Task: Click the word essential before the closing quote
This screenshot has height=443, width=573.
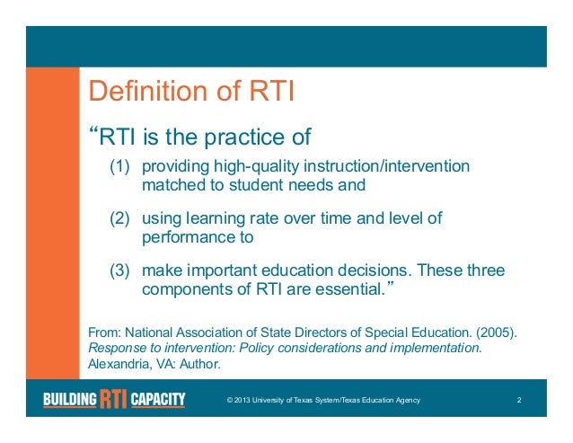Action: coord(351,289)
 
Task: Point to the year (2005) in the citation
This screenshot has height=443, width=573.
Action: coord(496,330)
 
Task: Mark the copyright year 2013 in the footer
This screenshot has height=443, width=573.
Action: coord(250,400)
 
